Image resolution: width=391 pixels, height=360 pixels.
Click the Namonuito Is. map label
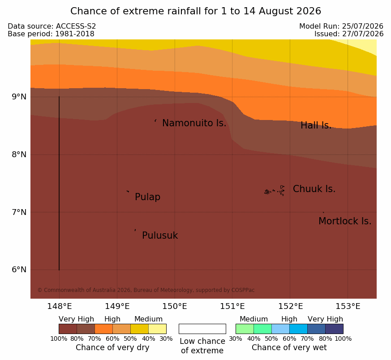194,123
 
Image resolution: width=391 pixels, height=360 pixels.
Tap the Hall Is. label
316,125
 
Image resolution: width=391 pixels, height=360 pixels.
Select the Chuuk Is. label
314,189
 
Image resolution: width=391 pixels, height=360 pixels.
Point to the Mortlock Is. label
345,221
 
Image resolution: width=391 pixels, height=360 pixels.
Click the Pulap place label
148,197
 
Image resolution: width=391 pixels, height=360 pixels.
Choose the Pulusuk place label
160,236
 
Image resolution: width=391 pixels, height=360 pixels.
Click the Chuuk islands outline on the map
275,191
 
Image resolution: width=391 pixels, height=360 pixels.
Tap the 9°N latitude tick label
19,97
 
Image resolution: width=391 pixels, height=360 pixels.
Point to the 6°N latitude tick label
19,270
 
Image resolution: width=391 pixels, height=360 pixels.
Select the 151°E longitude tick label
232,306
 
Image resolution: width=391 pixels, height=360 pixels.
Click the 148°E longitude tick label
60,306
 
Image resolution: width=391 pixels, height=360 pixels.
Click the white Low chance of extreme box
202,329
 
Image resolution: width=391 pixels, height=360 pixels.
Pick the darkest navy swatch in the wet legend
334,329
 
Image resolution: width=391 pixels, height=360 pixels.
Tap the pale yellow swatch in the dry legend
157,329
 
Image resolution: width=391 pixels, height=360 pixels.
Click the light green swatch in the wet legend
245,329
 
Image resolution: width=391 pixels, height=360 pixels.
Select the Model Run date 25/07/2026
363,26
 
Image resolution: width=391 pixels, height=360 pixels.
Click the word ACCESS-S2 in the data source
76,26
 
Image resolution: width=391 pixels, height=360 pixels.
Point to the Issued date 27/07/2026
363,34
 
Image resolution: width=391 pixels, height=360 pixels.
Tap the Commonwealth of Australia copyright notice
146,290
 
